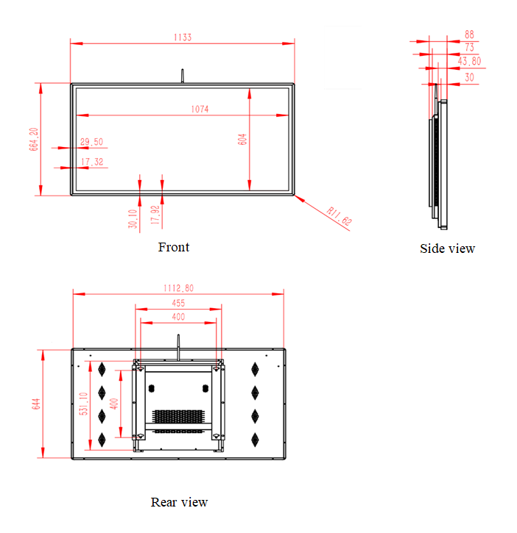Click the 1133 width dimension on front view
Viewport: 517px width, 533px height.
pyautogui.click(x=183, y=37)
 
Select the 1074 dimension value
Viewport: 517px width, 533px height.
pyautogui.click(x=200, y=109)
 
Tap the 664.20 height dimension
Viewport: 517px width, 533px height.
pyautogui.click(x=33, y=139)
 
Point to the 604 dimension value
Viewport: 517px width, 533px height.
pyautogui.click(x=242, y=140)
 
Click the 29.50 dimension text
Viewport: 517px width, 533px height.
pyautogui.click(x=91, y=142)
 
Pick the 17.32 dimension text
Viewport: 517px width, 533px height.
pyautogui.click(x=92, y=162)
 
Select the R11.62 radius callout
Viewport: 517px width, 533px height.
pyautogui.click(x=339, y=216)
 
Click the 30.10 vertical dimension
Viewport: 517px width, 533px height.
pyautogui.click(x=133, y=218)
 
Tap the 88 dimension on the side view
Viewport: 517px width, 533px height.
pyautogui.click(x=469, y=35)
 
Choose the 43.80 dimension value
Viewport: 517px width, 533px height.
pyautogui.click(x=469, y=61)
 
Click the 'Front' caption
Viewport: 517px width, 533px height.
pyautogui.click(x=174, y=247)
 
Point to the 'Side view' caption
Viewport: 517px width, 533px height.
pyautogui.click(x=447, y=248)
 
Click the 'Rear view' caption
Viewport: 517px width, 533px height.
pyautogui.click(x=179, y=502)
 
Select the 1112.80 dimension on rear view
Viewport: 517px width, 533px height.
pyautogui.click(x=178, y=288)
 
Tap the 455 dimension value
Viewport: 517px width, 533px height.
pyautogui.click(x=178, y=303)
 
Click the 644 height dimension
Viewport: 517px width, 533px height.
pyautogui.click(x=36, y=404)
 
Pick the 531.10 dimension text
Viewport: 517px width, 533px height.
pyautogui.click(x=83, y=404)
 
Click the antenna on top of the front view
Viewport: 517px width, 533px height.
pyautogui.click(x=182, y=76)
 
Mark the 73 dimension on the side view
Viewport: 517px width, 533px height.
pyautogui.click(x=469, y=47)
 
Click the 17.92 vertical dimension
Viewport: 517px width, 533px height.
pyautogui.click(x=155, y=215)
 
